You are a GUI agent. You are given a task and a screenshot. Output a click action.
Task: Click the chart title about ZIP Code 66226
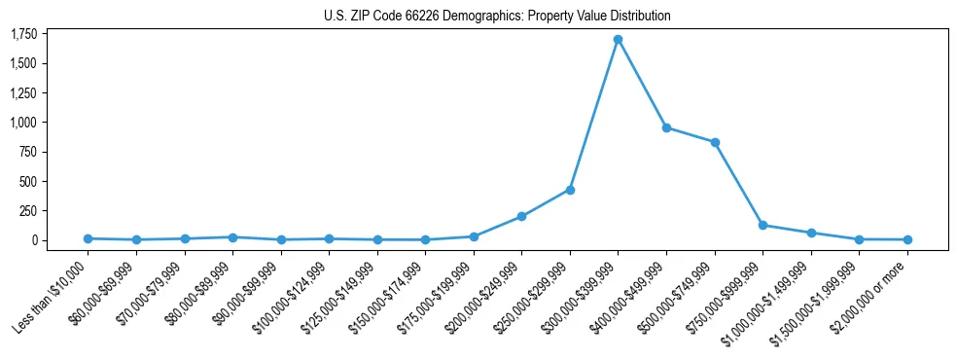pos(497,17)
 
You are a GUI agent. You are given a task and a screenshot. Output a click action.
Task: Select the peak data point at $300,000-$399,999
pos(619,40)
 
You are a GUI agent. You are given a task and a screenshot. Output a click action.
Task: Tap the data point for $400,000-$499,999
pos(666,127)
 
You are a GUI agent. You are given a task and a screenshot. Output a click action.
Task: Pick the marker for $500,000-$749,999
pos(715,142)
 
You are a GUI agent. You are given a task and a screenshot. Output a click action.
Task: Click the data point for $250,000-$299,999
pos(570,190)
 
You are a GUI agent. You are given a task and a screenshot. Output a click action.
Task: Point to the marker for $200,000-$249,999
pos(522,216)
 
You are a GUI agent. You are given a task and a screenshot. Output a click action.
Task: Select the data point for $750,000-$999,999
pos(762,225)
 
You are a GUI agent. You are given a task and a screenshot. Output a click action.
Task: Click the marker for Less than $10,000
pos(88,238)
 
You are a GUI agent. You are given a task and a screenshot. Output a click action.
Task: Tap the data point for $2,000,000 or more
pos(907,239)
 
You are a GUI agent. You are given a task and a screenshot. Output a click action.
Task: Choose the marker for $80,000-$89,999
pos(232,237)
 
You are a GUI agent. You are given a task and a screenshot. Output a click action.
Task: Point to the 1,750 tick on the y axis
pos(23,34)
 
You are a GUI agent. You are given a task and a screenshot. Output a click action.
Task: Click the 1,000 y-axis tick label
pos(23,123)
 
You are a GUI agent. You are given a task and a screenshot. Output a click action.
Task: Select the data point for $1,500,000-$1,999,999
pos(859,239)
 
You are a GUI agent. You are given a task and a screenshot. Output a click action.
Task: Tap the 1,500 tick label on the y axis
pos(23,63)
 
